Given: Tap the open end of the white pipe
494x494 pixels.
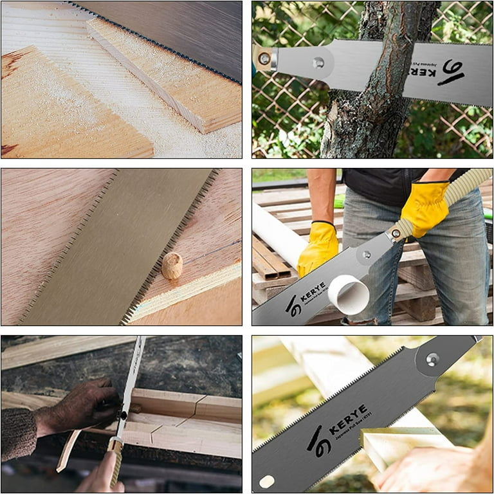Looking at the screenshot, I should pos(349,294).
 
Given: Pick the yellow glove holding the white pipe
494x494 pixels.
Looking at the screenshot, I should pos(317,246).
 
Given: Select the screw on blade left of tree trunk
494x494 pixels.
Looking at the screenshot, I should pos(318,62).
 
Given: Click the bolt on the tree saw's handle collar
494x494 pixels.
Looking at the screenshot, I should pos(264,58).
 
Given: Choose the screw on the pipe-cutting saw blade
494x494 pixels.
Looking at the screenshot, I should pos(367,255).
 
